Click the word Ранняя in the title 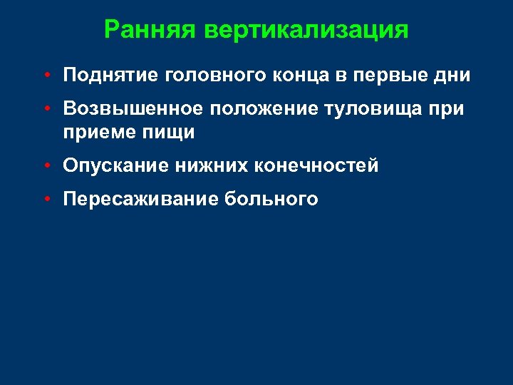click(150, 30)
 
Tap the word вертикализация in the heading click(306, 30)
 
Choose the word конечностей click(316, 166)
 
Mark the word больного click(271, 200)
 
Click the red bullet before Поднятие click(45, 75)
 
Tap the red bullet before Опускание click(45, 166)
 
